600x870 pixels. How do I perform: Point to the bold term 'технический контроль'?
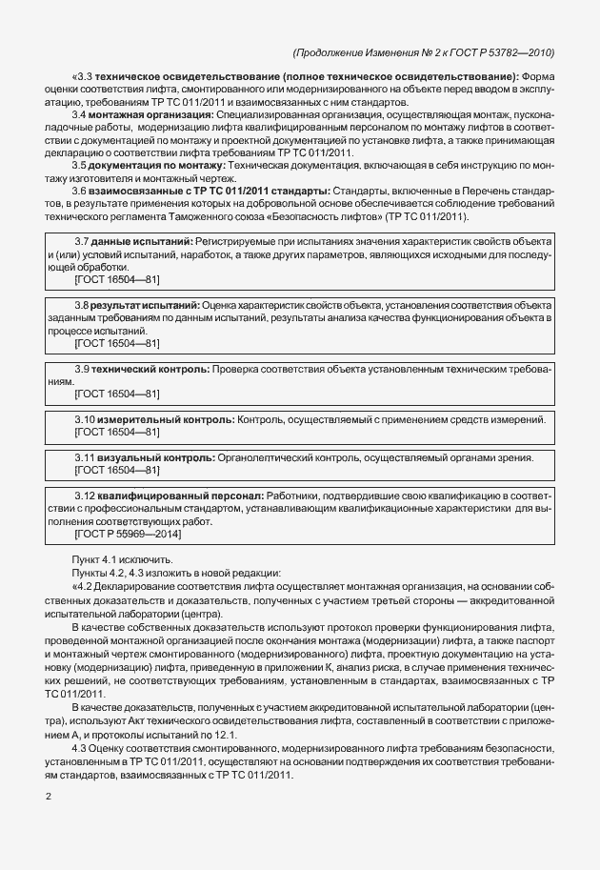click(x=150, y=368)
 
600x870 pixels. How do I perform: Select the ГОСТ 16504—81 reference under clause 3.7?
click(x=116, y=280)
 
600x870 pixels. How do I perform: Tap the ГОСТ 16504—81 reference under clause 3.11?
click(x=116, y=471)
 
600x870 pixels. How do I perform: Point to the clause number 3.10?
click(x=87, y=419)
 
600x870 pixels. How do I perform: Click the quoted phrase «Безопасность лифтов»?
click(x=311, y=217)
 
